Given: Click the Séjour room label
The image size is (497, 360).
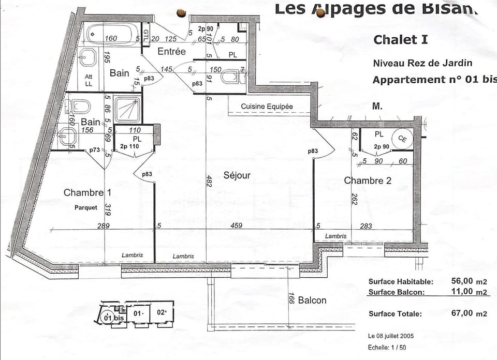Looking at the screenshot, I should [x=237, y=175].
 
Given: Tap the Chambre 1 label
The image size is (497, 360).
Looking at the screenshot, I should [x=87, y=192].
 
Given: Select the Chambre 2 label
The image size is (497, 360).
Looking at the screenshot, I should [x=368, y=180].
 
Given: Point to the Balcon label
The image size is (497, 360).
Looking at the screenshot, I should [x=312, y=300].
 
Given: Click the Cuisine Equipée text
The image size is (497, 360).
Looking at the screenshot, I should [x=267, y=107].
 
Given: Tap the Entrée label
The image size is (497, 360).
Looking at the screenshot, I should [x=171, y=51].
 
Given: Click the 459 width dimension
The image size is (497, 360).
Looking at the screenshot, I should [x=237, y=226].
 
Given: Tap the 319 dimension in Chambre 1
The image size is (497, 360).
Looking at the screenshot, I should [x=108, y=209].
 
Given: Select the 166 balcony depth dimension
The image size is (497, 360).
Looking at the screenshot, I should [x=291, y=299].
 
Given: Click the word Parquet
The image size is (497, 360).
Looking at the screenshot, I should [x=85, y=207].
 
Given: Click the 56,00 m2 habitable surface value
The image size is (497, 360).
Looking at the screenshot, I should [x=462, y=281].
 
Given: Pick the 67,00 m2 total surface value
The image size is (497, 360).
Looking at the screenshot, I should [x=462, y=313].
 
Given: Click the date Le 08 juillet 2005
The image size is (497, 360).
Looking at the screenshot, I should [x=391, y=336].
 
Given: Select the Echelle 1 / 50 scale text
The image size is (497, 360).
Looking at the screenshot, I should [x=387, y=348].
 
